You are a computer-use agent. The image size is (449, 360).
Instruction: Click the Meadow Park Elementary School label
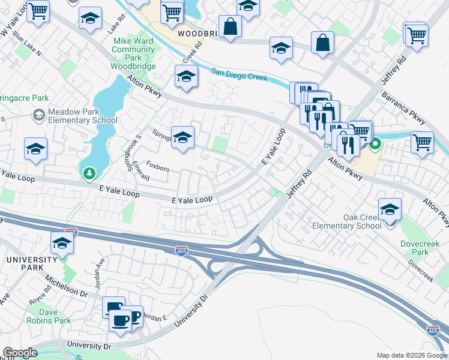83,116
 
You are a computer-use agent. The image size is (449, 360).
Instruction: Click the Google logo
19,353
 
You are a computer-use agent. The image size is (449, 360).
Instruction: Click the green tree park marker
89,173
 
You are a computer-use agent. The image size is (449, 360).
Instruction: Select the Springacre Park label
24,97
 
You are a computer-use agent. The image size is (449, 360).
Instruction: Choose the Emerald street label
140,170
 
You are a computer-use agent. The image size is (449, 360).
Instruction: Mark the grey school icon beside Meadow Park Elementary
39,114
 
